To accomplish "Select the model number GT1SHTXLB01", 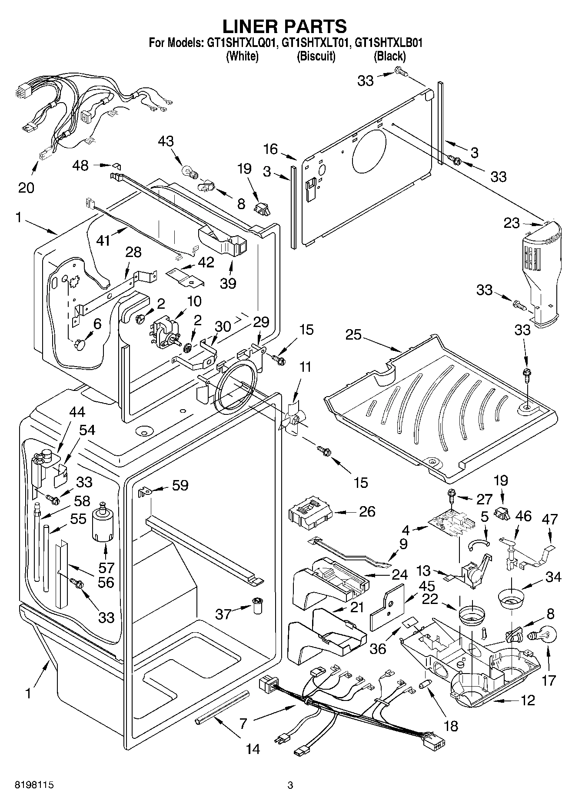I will [x=389, y=43].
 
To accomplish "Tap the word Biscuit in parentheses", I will [x=316, y=56].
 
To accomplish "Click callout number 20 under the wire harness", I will [x=26, y=187].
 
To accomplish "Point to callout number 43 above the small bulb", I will [x=166, y=141].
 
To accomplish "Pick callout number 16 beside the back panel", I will [x=270, y=149].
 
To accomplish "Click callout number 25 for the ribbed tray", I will [x=354, y=334].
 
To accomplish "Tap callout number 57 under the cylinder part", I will [x=106, y=567].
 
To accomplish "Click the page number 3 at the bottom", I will [x=290, y=785].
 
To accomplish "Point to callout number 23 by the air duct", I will [x=512, y=223].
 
